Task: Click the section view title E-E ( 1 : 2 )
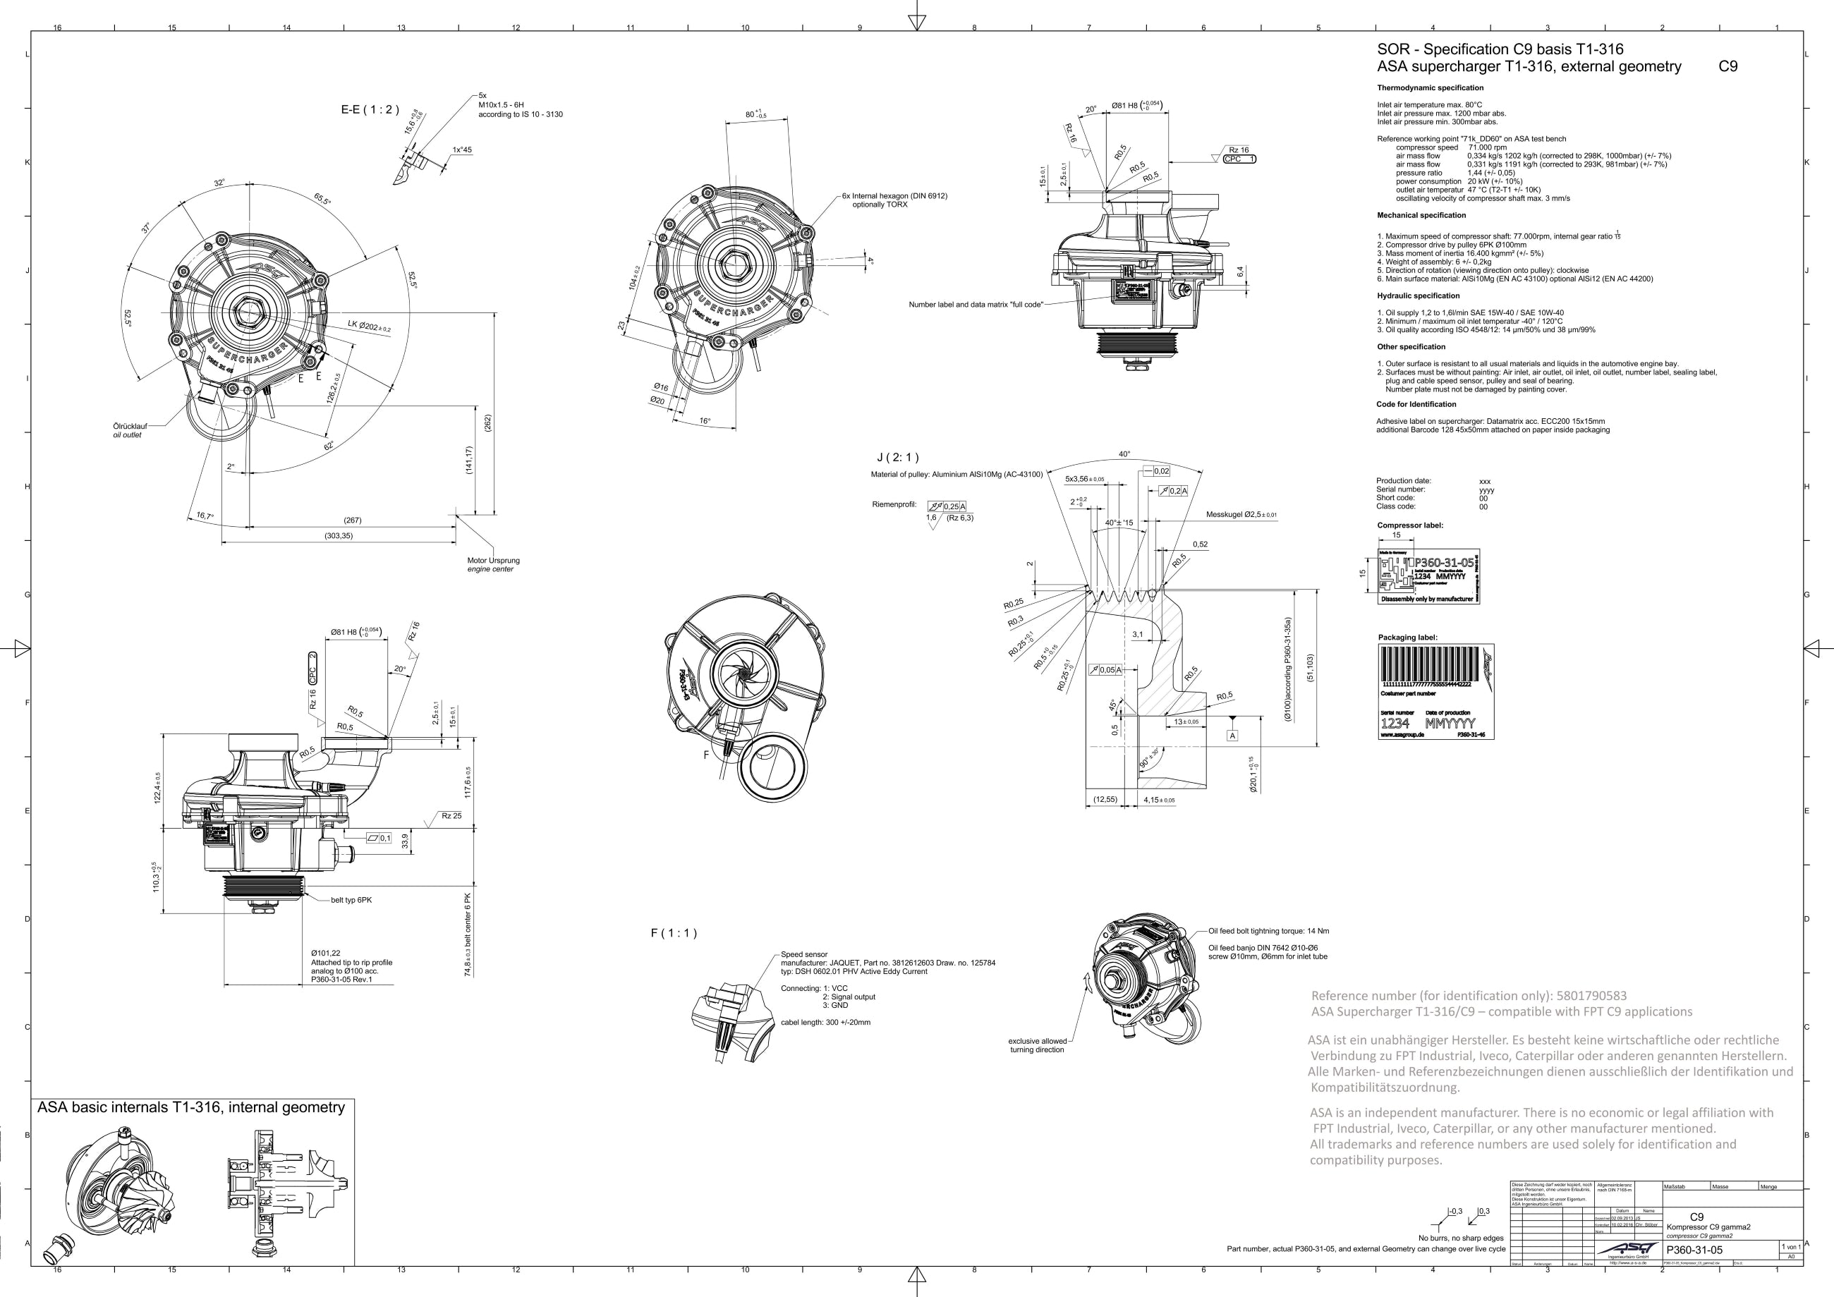pyautogui.click(x=370, y=109)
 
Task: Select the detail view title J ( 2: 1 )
pyautogui.click(x=898, y=458)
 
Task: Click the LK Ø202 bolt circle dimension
pyautogui.click(x=368, y=326)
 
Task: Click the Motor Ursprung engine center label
pyautogui.click(x=493, y=565)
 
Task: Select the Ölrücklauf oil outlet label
pyautogui.click(x=129, y=430)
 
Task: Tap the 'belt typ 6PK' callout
pyautogui.click(x=351, y=900)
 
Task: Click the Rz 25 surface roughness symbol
pyautogui.click(x=451, y=816)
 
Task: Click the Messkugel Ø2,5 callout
pyautogui.click(x=1241, y=514)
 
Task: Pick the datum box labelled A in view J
pyautogui.click(x=1232, y=736)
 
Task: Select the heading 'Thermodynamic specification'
pyautogui.click(x=1430, y=88)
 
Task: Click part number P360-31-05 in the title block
pyautogui.click(x=1694, y=1250)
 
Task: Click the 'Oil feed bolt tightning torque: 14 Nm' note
pyautogui.click(x=1268, y=931)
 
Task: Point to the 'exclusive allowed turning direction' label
pyautogui.click(x=1037, y=1045)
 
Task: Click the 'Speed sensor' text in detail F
pyautogui.click(x=804, y=954)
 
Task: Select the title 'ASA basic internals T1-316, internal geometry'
pyautogui.click(x=191, y=1108)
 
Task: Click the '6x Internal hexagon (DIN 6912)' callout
pyautogui.click(x=894, y=195)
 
